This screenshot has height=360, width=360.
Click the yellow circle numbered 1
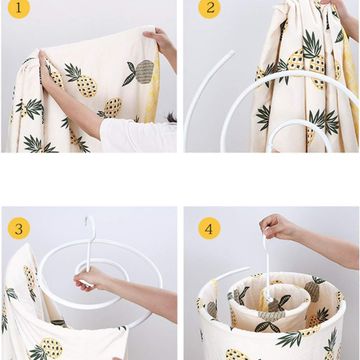click(19, 7)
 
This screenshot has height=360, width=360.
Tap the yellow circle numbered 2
click(210, 7)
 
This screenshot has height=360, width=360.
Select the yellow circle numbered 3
click(19, 229)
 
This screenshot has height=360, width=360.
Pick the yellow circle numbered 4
click(209, 229)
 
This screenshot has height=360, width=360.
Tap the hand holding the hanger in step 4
click(276, 227)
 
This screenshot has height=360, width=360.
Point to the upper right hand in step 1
click(160, 40)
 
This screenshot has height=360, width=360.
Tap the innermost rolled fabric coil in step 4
click(269, 303)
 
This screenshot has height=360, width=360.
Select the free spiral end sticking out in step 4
click(233, 273)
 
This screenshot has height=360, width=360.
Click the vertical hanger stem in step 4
click(267, 267)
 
